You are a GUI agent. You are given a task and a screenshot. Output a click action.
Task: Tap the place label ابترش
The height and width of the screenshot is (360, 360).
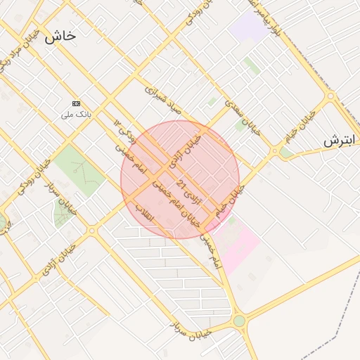(x=342, y=141)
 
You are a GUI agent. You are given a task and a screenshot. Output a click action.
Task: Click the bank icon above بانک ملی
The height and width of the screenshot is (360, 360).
(x=77, y=103)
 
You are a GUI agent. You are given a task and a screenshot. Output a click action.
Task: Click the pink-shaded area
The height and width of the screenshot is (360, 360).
(x=238, y=246)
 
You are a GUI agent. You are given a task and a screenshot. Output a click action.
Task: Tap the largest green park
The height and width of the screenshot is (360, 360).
(x=77, y=169)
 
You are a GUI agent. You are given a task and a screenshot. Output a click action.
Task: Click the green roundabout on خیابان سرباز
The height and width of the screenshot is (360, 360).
(x=239, y=321)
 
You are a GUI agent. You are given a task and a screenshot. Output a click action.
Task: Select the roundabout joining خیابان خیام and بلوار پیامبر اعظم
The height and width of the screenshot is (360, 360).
(x=330, y=96)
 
